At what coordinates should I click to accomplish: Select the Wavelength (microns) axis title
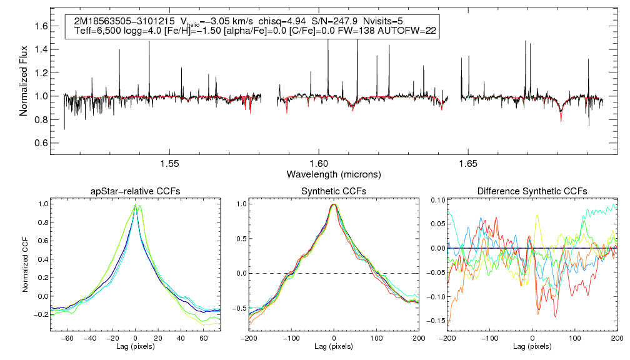pyautogui.click(x=334, y=173)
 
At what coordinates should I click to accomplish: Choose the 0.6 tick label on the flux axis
pyautogui.click(x=41, y=143)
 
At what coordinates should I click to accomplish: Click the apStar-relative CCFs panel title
pyautogui.click(x=135, y=191)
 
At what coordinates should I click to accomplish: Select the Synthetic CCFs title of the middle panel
pyautogui.click(x=334, y=191)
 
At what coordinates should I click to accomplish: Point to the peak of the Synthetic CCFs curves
pyautogui.click(x=334, y=204)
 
